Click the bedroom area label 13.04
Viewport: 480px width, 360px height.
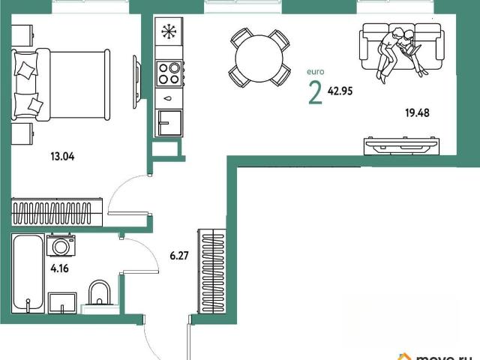(x=62, y=157)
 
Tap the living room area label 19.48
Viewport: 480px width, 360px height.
(x=417, y=113)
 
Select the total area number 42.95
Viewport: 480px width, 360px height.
(x=340, y=91)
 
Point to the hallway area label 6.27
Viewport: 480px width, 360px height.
(x=179, y=255)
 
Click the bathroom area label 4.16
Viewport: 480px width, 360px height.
(x=59, y=268)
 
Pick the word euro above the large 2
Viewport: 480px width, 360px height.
(x=315, y=72)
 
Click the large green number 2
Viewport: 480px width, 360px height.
(x=315, y=93)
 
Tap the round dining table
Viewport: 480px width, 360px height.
(x=259, y=58)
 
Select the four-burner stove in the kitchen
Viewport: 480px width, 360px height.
(x=169, y=73)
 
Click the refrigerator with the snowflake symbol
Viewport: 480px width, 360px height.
(x=169, y=31)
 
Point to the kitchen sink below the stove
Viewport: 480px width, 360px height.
(x=169, y=123)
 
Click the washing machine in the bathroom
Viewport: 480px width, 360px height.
(x=61, y=245)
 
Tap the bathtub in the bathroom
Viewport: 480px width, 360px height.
(x=28, y=273)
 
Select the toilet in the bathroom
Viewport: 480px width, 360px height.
(x=100, y=294)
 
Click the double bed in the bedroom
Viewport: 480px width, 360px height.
(x=61, y=85)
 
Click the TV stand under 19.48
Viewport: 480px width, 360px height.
(x=402, y=146)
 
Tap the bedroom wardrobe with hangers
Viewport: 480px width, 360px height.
(x=57, y=212)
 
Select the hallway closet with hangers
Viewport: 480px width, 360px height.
(x=212, y=271)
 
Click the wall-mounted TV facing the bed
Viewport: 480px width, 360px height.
(x=136, y=82)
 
